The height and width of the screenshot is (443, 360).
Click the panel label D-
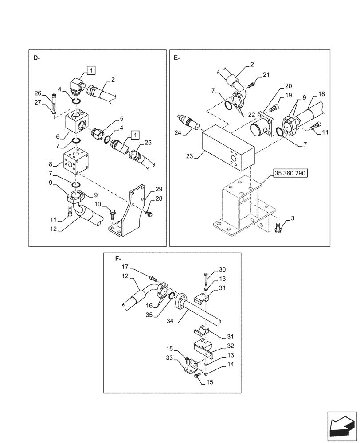(36, 58)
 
